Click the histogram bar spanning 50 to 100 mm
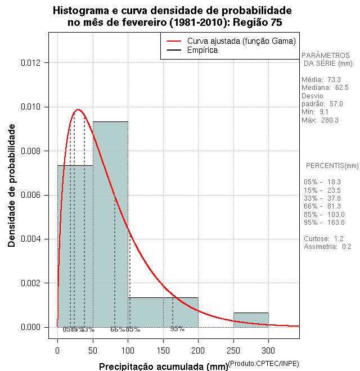[110, 225]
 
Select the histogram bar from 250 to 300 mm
[251, 320]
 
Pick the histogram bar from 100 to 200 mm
[163, 313]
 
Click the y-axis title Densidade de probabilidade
[12, 185]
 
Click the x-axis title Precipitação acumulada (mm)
[164, 367]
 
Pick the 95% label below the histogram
[177, 329]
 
